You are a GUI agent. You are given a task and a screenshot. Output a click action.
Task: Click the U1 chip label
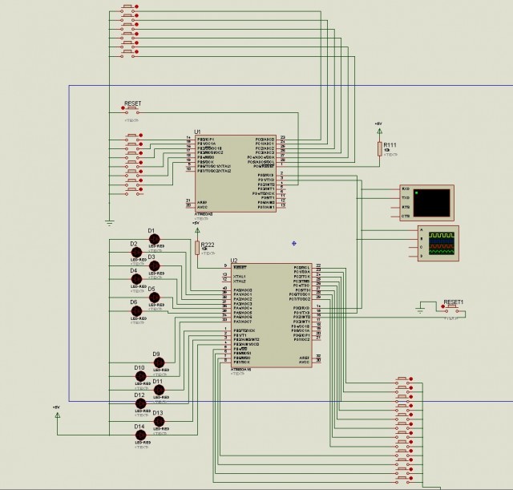tap(198, 132)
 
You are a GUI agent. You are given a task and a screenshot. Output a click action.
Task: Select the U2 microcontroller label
tap(234, 260)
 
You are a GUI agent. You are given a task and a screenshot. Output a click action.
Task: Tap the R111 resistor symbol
tap(379, 148)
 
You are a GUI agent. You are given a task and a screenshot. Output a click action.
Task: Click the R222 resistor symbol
tap(196, 247)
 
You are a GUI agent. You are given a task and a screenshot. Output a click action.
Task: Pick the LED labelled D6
tap(136, 310)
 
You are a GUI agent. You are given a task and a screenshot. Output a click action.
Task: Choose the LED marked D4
tap(136, 279)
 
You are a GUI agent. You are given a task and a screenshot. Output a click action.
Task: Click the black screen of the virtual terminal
tap(436, 202)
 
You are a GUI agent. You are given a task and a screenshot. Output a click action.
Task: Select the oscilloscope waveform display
tap(441, 242)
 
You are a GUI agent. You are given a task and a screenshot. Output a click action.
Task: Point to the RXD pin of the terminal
tap(405, 188)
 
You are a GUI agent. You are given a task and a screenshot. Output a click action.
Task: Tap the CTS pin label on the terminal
tap(405, 216)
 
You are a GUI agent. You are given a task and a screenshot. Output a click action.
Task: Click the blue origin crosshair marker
tap(294, 242)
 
